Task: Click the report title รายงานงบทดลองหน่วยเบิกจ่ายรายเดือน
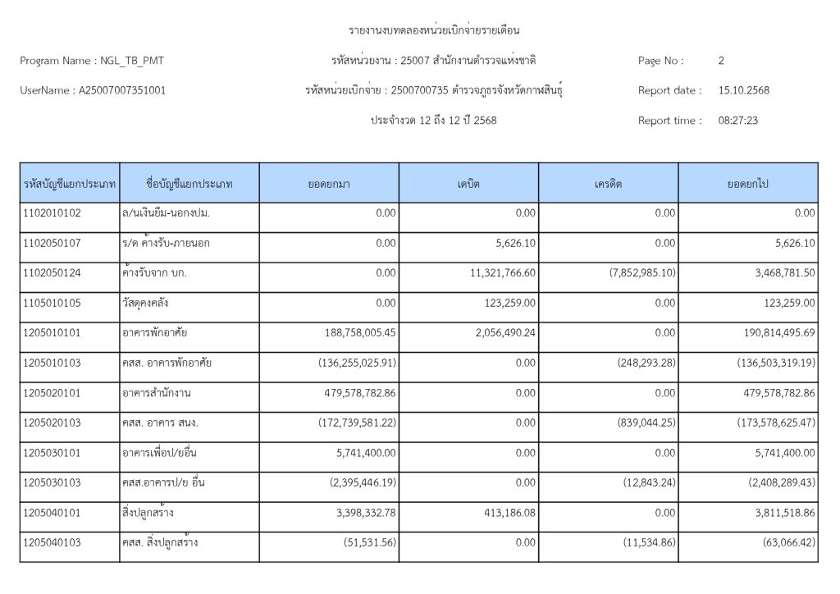pyautogui.click(x=435, y=31)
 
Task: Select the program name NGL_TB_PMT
pyautogui.click(x=135, y=61)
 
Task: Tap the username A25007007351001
pyautogui.click(x=121, y=90)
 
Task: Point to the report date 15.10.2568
pyautogui.click(x=743, y=90)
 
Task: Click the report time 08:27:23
pyautogui.click(x=737, y=121)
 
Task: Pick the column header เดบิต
pyautogui.click(x=468, y=184)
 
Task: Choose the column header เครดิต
pyautogui.click(x=608, y=184)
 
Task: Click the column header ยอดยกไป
pyautogui.click(x=747, y=184)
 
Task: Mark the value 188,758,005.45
pyautogui.click(x=350, y=333)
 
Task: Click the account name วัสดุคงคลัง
pyautogui.click(x=148, y=303)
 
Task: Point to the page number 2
pyautogui.click(x=721, y=61)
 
